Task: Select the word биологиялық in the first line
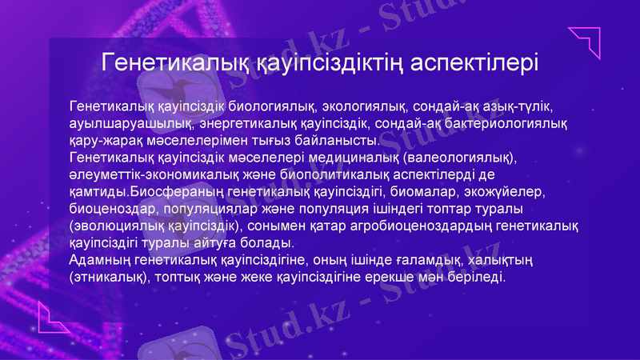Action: [252, 106]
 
